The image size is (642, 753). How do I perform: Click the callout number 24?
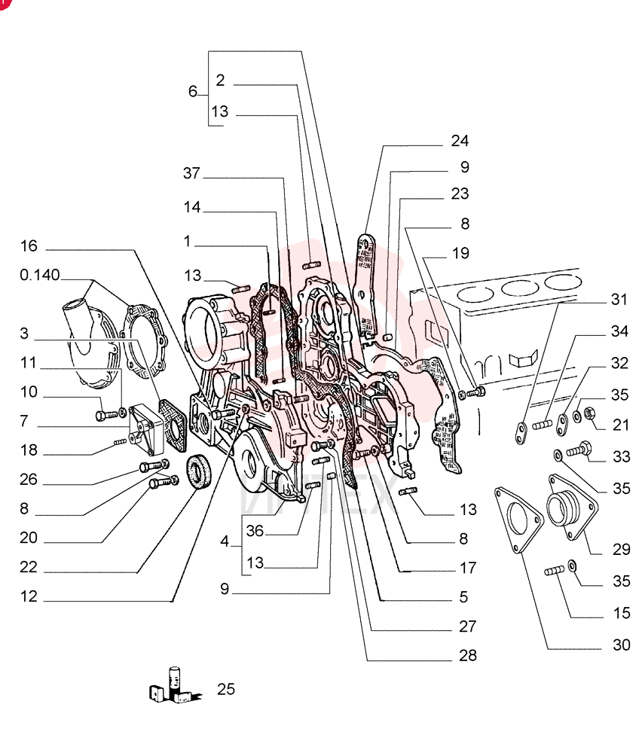click(460, 141)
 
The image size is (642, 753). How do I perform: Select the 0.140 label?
click(40, 275)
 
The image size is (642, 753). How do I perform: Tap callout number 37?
click(191, 173)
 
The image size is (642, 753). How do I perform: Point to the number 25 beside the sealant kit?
click(226, 689)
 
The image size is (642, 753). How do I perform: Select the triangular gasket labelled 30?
click(518, 520)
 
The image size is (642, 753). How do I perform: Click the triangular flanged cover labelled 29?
click(573, 507)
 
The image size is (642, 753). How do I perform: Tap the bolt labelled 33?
click(579, 450)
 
